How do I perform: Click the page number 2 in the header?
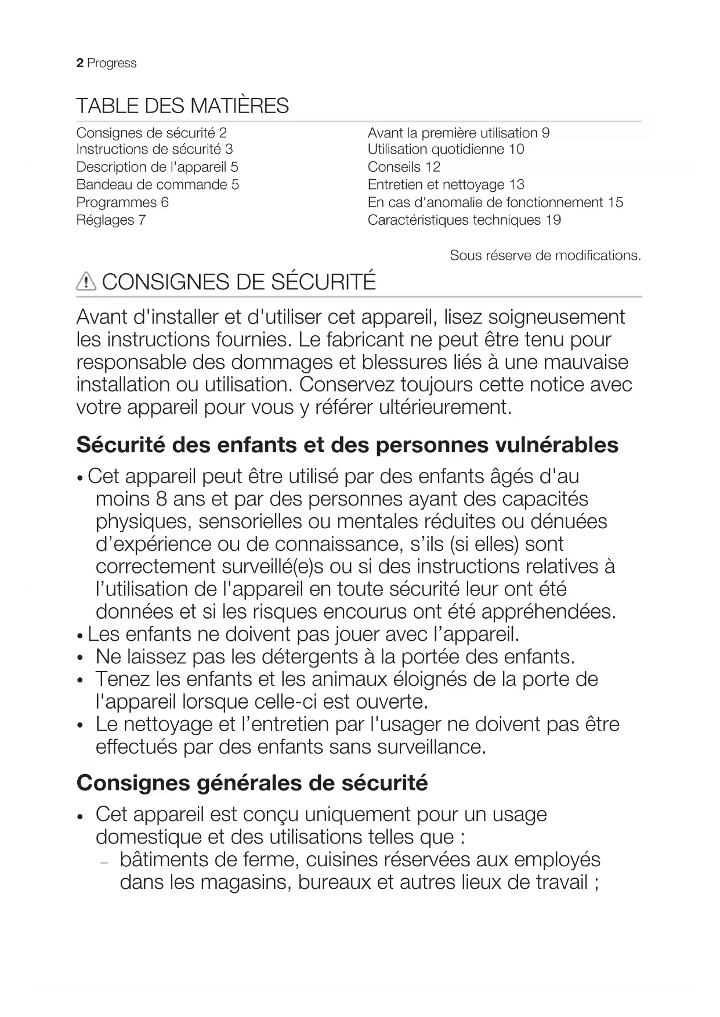pos(79,63)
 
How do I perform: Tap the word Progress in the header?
pos(111,63)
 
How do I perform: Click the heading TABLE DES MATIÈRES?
pos(182,106)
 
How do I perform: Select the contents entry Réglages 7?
pos(111,220)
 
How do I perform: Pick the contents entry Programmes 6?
pos(122,202)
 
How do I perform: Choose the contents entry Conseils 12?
pos(404,167)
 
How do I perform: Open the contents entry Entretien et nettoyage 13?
pos(446,185)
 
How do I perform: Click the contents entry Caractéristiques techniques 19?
pos(464,220)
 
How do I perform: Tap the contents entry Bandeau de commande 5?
pos(157,185)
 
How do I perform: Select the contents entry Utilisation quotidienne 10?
pos(446,150)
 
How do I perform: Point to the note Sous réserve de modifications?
pos(545,256)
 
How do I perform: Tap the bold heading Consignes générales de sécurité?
pos(252,783)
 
